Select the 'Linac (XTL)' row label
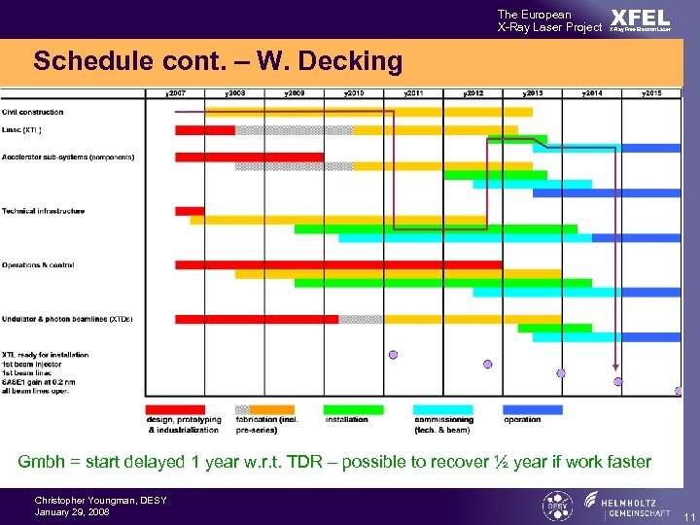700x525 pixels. [22, 129]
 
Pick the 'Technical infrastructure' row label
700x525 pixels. [43, 211]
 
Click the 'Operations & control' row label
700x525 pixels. [38, 264]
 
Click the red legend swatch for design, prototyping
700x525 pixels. [175, 409]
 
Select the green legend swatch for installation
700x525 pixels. [353, 409]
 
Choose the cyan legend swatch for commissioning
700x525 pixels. [442, 409]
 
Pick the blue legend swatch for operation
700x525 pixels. [532, 409]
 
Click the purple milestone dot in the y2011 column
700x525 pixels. [393, 355]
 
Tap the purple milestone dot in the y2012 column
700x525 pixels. [487, 365]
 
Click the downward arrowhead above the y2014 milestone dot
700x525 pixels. [614, 370]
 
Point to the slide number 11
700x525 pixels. [687, 515]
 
